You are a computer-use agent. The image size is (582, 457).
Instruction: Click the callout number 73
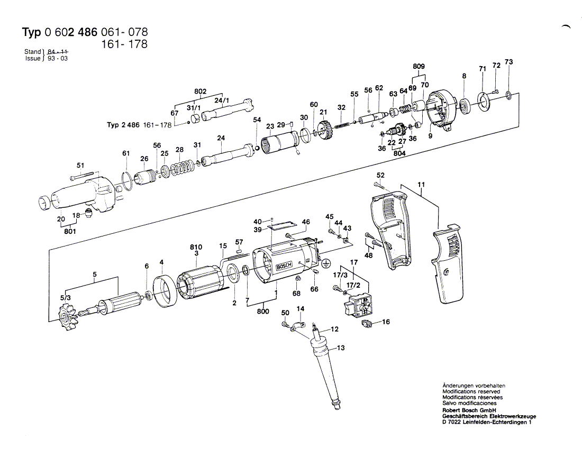(508, 62)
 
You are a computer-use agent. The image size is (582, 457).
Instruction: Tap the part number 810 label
(196, 247)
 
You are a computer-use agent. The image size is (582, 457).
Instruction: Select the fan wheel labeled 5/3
(69, 315)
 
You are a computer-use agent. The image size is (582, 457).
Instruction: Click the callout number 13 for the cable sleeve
(340, 348)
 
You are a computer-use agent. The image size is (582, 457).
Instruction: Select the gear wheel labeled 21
(326, 130)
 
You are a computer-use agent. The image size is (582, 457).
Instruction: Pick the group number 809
(419, 66)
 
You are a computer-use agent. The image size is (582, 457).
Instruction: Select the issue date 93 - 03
(58, 59)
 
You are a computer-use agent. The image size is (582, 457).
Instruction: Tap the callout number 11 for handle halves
(421, 185)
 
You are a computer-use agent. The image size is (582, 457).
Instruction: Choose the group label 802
(200, 91)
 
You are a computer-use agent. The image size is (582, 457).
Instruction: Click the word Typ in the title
(31, 32)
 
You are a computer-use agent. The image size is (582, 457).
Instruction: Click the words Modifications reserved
(471, 392)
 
